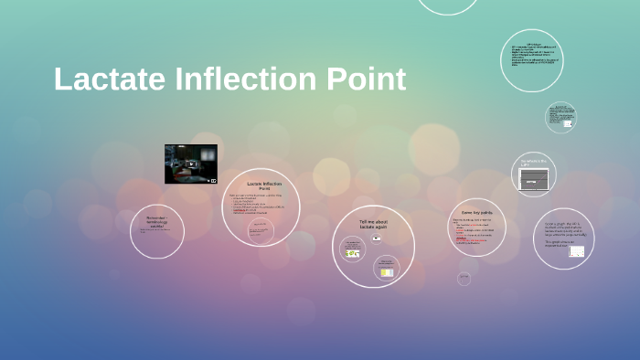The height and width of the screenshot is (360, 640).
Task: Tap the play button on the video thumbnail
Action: [191, 164]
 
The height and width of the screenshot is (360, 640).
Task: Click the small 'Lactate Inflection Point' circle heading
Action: [264, 186]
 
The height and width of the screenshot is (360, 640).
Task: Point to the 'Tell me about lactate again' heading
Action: [373, 225]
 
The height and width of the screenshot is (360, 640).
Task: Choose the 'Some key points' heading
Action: [476, 212]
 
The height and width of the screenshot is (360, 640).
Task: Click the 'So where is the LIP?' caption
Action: [533, 163]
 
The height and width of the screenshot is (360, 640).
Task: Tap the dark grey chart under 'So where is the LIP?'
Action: [533, 180]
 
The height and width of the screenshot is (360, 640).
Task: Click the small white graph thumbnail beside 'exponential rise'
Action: [576, 251]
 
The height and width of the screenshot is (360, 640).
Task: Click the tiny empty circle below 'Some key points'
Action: [464, 278]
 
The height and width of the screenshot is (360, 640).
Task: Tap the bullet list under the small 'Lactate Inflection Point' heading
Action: [257, 205]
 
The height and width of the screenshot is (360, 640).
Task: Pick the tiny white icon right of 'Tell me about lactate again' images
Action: [376, 238]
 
